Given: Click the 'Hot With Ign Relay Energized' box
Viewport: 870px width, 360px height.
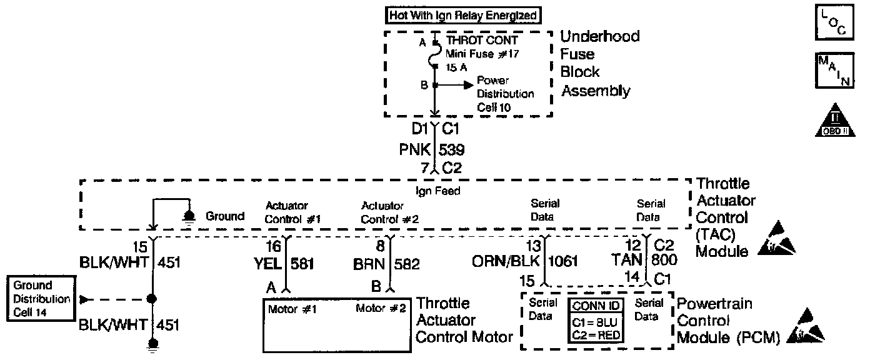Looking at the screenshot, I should click(x=462, y=14).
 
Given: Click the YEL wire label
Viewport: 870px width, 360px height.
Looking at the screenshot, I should click(x=267, y=264).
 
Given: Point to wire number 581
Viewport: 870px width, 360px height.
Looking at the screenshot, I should click(x=302, y=264).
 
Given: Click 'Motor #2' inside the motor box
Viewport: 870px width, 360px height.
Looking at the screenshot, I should click(x=381, y=309).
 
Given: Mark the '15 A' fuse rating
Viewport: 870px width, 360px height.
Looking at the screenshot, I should click(x=456, y=66).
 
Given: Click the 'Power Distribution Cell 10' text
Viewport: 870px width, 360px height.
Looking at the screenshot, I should click(x=505, y=94).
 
